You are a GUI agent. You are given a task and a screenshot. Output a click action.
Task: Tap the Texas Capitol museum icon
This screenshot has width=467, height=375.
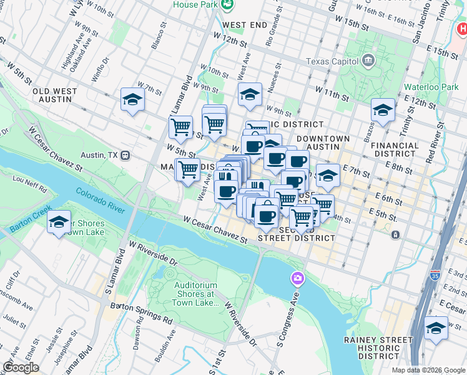point(368,61)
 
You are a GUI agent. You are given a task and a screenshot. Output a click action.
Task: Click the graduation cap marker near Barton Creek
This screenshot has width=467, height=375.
point(59,222)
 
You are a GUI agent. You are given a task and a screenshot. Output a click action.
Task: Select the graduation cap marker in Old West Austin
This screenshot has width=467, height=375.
point(132,99)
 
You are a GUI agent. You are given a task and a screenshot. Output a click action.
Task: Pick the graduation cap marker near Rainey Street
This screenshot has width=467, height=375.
point(436,328)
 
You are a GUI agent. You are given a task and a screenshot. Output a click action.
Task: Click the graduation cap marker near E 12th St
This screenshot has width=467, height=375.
point(383,111)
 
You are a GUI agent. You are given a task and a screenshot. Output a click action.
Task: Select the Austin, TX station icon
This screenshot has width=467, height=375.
point(125,154)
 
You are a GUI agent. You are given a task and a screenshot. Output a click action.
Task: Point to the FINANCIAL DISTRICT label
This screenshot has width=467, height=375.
point(395,149)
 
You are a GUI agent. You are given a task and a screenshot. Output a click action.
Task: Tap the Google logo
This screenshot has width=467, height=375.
point(20,367)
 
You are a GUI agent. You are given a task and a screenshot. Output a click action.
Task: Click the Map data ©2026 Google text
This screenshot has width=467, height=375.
point(428,370)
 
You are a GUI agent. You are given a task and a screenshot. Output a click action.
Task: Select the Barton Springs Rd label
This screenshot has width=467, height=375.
point(141,311)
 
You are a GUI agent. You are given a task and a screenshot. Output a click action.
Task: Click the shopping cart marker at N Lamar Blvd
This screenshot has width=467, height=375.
point(180,127)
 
